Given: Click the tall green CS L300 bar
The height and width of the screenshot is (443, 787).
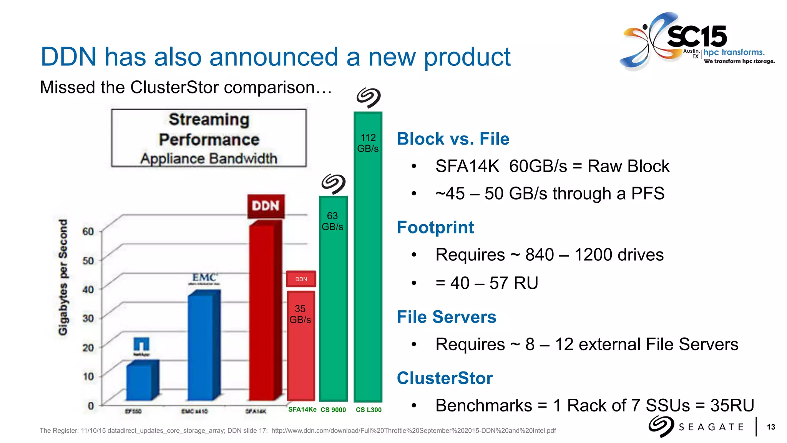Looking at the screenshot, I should click(x=368, y=269).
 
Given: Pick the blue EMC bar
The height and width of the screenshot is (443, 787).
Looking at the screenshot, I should click(x=203, y=346).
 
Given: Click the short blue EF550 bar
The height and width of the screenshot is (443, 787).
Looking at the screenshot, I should click(x=141, y=381).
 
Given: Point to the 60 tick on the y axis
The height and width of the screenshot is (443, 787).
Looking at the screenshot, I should click(x=88, y=231).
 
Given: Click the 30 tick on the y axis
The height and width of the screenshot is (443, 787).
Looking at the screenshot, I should click(x=88, y=318).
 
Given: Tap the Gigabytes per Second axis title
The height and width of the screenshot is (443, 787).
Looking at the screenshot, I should click(x=63, y=277).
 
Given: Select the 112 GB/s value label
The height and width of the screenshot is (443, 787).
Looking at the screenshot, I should click(x=368, y=143).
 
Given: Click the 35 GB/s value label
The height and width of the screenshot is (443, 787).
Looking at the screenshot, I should click(x=300, y=314).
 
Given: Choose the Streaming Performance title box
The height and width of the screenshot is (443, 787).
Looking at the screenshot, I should click(x=209, y=138).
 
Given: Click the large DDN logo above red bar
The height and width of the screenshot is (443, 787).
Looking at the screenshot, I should click(x=266, y=206).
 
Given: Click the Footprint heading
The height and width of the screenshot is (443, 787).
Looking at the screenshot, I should click(x=435, y=227).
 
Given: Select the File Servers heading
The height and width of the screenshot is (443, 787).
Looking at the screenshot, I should click(x=446, y=317).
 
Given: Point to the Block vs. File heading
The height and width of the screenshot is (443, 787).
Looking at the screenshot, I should click(x=453, y=139).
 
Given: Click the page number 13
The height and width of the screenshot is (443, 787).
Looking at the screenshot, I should click(x=771, y=427).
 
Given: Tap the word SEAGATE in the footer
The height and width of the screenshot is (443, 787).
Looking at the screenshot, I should click(x=711, y=427).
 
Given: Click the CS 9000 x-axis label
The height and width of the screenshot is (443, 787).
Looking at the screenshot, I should click(x=333, y=410).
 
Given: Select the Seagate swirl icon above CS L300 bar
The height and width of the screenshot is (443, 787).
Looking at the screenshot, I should click(x=368, y=97).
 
